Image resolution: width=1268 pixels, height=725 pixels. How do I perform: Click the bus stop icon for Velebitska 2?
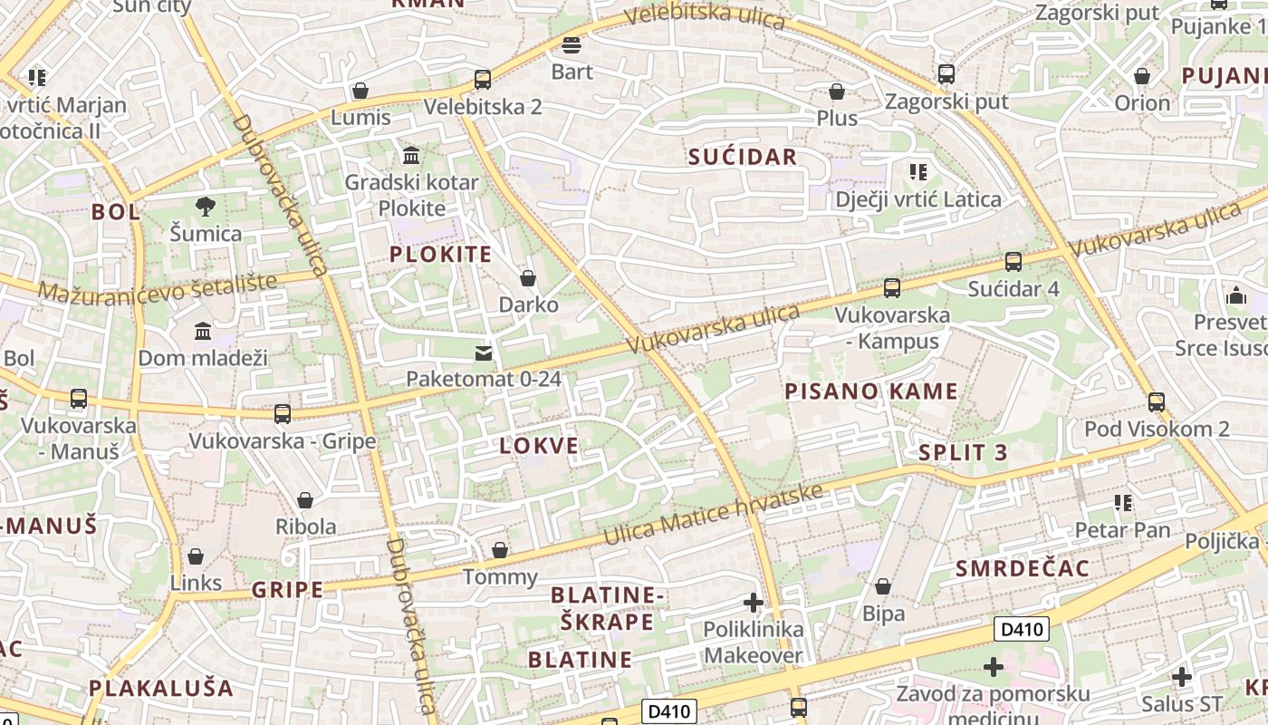tap(483, 80)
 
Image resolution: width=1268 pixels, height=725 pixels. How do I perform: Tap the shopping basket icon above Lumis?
tap(360, 91)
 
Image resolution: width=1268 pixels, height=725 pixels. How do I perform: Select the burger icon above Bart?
tap(572, 44)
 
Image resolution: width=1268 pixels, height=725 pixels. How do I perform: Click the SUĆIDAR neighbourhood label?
tap(743, 157)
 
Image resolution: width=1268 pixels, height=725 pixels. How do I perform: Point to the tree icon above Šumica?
tap(206, 207)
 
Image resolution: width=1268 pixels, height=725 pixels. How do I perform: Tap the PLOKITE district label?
tap(440, 254)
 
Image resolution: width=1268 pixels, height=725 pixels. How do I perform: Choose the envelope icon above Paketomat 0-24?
tap(484, 353)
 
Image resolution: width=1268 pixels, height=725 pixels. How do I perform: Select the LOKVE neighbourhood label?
tap(539, 445)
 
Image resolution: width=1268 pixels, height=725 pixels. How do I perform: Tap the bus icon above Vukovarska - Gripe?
tap(283, 414)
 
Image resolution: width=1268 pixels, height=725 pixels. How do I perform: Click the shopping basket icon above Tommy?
tap(499, 550)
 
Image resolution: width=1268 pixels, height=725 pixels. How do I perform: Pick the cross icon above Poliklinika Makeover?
tap(753, 602)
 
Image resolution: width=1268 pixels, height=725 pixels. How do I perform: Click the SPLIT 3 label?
tap(963, 453)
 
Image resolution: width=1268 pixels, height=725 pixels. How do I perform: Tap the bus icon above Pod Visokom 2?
tap(1156, 401)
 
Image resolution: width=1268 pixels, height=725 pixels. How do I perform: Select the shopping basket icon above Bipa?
tap(883, 587)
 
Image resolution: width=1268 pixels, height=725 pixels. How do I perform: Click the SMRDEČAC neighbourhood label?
tap(1023, 568)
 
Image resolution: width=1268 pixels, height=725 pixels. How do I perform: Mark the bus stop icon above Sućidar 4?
tap(1013, 262)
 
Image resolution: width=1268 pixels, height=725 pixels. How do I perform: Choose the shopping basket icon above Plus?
tap(837, 92)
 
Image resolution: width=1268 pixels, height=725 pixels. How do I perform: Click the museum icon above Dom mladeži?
tap(203, 331)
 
